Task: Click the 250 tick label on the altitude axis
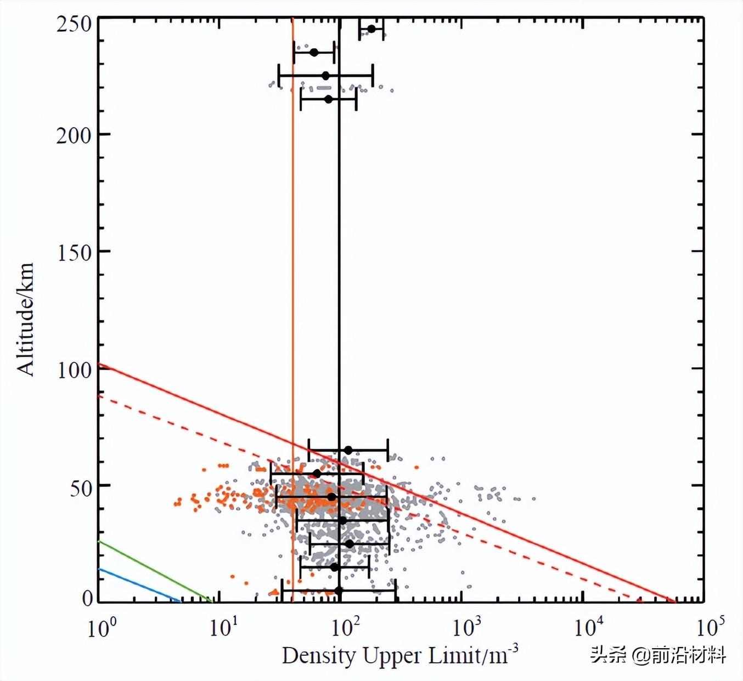[x=74, y=24]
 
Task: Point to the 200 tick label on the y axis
[x=74, y=135]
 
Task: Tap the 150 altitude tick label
[x=74, y=252]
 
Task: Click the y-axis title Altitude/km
[x=25, y=319]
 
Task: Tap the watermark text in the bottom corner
[x=658, y=655]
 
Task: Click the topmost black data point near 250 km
[x=371, y=29]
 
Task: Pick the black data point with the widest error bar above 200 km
[x=325, y=76]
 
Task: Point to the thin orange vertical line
[x=292, y=219]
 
